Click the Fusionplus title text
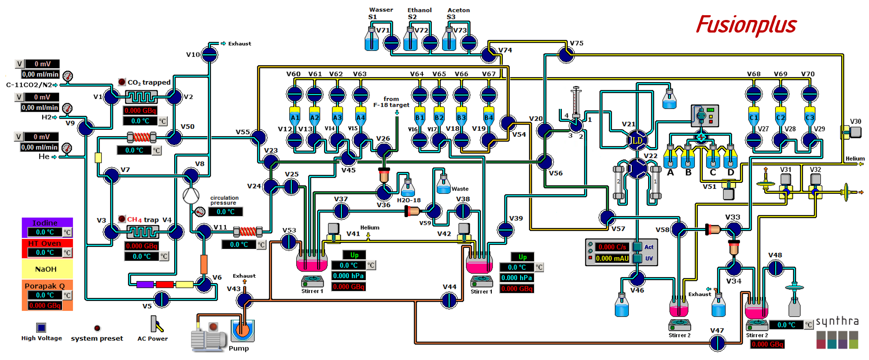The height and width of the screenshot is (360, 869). (746, 25)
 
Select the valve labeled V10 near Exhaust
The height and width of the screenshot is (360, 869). (209, 55)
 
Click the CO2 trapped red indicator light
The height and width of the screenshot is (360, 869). (122, 82)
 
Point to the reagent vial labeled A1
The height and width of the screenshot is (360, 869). (295, 117)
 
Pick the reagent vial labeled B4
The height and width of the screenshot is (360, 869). (488, 117)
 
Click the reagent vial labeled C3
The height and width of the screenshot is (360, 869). (809, 117)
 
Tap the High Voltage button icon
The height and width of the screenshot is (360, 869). (41, 327)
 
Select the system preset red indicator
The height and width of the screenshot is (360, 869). (97, 328)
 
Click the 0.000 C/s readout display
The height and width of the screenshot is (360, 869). (612, 247)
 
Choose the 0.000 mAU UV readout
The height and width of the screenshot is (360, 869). (612, 258)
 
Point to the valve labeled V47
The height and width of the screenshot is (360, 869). (717, 343)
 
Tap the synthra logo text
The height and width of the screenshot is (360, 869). (837, 321)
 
